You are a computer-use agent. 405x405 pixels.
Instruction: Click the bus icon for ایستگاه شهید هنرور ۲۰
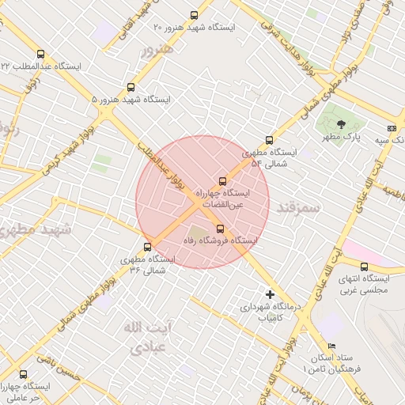[195, 15]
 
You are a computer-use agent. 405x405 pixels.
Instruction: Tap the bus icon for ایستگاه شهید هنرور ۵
[131, 88]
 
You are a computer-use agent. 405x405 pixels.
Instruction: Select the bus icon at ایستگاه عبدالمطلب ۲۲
[40, 54]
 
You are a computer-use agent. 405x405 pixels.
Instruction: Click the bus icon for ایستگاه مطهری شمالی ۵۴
[269, 140]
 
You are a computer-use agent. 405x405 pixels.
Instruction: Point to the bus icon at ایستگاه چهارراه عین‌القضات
[222, 180]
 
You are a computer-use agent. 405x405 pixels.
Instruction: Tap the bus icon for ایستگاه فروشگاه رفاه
[220, 229]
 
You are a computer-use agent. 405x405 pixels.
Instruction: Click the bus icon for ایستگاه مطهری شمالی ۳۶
[147, 246]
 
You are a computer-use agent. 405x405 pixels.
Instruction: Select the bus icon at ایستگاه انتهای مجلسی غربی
[364, 267]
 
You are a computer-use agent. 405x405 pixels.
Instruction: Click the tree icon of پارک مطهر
[341, 123]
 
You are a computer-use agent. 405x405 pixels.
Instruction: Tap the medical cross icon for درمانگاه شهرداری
[271, 294]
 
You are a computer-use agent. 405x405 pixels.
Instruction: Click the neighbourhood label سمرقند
[297, 207]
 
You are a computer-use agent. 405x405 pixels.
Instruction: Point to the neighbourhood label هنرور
[155, 51]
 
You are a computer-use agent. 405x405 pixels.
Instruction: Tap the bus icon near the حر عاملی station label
[22, 375]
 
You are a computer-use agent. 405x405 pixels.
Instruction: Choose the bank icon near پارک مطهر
[392, 128]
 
